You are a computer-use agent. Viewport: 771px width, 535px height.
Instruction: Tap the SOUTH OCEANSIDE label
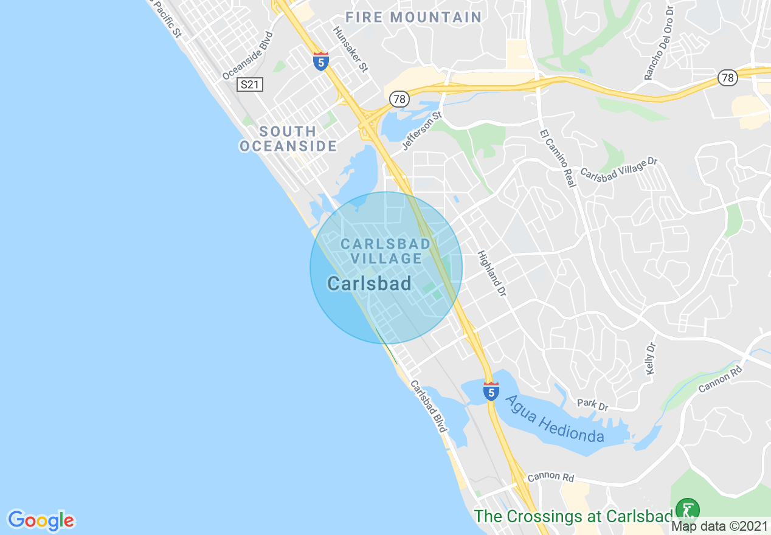click(x=288, y=139)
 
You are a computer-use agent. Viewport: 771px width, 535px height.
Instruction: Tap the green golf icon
click(x=688, y=510)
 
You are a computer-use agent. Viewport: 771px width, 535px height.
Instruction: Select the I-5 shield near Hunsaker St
click(x=321, y=61)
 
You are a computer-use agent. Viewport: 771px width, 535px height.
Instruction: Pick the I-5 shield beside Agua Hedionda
click(x=491, y=391)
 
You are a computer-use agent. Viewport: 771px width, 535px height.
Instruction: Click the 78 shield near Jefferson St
click(x=399, y=98)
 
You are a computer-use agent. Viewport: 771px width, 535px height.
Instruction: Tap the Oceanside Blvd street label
click(x=248, y=55)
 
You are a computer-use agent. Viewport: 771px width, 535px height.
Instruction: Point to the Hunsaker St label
click(x=350, y=49)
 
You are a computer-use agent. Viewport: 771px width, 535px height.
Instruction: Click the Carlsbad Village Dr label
click(x=619, y=168)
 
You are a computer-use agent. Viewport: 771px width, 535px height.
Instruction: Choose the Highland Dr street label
click(x=491, y=274)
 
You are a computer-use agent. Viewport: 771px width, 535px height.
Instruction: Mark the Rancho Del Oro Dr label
click(x=659, y=43)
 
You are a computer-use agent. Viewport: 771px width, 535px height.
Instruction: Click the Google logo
click(x=41, y=520)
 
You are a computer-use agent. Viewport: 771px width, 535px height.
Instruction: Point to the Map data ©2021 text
click(x=719, y=526)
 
